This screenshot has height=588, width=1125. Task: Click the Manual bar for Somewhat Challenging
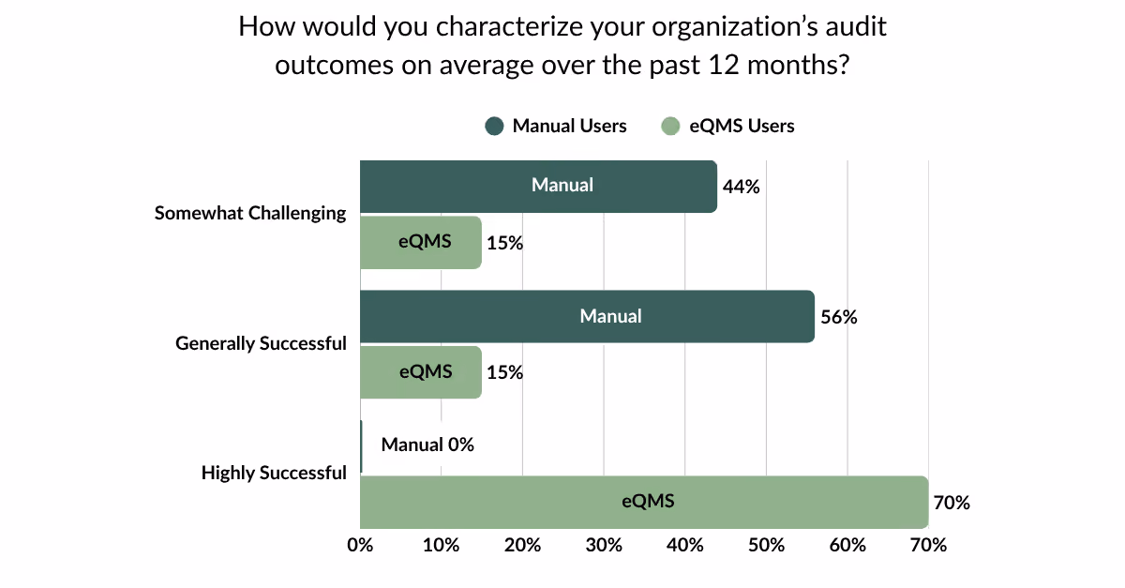pos(538,187)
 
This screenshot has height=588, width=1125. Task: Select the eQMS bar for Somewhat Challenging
pos(421,243)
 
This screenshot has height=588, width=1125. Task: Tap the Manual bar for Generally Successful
pos(587,317)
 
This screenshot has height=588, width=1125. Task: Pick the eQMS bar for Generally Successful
pos(421,372)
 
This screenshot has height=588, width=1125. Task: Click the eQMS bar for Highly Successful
pos(644,502)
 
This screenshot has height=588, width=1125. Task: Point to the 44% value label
pos(741,187)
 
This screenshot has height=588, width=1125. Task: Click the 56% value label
pos(839,317)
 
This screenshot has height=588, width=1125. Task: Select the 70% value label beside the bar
pos(952,503)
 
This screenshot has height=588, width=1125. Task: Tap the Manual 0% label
pos(427,445)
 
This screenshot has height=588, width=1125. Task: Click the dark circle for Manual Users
pos(494,127)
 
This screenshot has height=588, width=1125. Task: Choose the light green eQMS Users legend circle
pos(670,127)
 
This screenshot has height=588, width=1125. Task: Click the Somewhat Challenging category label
pos(250,214)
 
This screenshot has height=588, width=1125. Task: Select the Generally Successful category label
pos(261,344)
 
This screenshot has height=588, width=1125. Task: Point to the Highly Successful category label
pos(274,473)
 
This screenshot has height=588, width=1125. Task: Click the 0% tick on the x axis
pos(360,545)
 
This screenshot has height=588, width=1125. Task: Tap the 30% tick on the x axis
pos(604,545)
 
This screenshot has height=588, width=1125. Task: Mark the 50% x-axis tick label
pos(767,545)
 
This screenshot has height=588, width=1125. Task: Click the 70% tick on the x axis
pos(929,545)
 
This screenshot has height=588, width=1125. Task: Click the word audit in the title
pos(856,26)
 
